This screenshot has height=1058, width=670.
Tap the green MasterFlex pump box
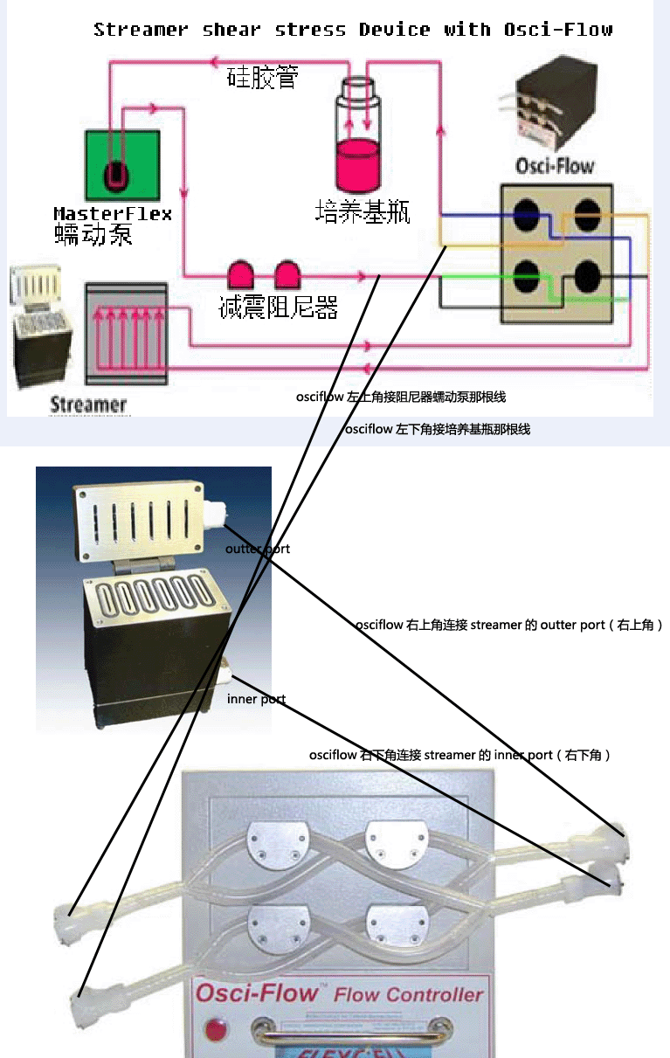point(122,165)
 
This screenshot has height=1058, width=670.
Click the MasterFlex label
point(112,214)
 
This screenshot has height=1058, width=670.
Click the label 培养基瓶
point(363,211)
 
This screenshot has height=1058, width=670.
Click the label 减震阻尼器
point(278,307)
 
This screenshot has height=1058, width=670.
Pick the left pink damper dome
point(240,275)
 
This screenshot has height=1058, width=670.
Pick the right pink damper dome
point(287,275)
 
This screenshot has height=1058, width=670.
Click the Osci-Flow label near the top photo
point(555,165)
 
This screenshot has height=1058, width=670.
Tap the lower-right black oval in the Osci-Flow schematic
point(586,277)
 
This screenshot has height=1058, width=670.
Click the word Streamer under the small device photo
point(88,405)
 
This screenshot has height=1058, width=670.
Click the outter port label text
point(257,550)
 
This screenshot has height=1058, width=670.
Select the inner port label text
point(256,699)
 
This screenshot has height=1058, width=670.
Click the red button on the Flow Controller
point(213,1027)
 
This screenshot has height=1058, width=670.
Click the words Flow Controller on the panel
point(408,994)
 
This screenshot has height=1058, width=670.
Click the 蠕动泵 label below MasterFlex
point(93,234)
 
